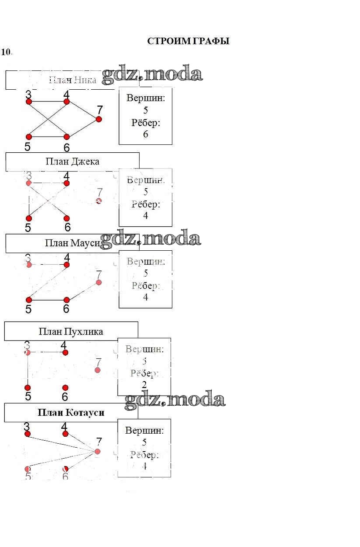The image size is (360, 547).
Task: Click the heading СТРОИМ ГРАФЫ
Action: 188,42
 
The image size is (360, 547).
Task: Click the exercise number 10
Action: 6,52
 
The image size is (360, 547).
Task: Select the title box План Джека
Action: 72,161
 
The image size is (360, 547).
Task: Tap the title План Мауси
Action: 73,243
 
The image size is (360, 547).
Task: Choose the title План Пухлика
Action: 71,331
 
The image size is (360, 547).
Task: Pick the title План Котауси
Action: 71,413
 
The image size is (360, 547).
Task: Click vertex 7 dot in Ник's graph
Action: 99,119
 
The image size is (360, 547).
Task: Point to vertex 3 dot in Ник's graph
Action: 29,102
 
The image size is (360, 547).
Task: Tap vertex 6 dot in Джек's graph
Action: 66,218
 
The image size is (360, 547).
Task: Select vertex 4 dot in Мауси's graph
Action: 66,265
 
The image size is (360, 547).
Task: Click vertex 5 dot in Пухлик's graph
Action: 28,388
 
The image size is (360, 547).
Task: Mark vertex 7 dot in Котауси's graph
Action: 98,451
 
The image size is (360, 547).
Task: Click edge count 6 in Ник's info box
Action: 146,134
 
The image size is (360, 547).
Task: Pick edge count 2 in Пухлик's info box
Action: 144,385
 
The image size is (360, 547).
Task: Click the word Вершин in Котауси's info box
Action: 144,430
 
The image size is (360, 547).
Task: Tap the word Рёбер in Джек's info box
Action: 146,204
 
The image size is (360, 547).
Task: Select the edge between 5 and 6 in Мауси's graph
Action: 48,300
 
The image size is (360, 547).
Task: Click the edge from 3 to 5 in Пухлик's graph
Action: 28,370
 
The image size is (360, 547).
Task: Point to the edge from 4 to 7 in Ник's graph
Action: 83,110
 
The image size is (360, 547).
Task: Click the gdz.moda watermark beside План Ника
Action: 152,75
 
